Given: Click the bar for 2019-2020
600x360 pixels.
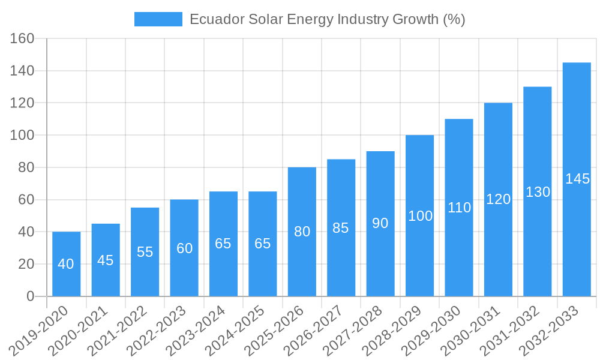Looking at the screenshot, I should point(66,264).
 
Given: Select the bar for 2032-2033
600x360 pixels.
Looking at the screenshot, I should point(577,179).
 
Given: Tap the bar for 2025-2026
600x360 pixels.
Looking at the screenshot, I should point(302,232).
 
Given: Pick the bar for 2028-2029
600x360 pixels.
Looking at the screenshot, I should point(419,215).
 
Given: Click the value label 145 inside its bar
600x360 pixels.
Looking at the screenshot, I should point(577,179).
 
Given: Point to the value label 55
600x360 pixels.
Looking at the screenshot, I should point(145,252).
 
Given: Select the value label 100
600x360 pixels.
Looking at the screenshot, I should point(420,216).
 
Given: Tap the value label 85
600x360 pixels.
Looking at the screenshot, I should point(341,228).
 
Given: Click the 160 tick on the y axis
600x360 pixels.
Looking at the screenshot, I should point(23,39).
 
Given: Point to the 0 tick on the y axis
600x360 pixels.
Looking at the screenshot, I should point(31,296).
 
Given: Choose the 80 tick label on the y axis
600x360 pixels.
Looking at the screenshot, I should point(26,167).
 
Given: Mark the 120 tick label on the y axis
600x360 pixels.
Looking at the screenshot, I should point(23,103).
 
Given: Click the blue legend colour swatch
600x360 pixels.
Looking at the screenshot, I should point(158,19).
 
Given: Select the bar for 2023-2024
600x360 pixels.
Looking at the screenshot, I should point(223,244).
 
